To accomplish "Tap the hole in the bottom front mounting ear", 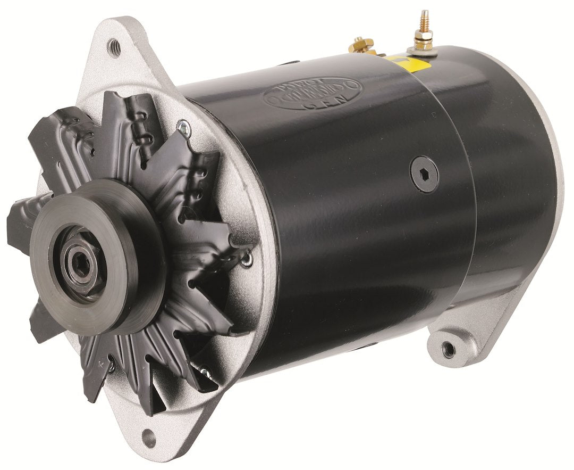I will [149, 439].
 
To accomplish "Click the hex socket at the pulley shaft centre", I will [80, 263].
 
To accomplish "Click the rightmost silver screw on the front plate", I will [247, 259].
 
